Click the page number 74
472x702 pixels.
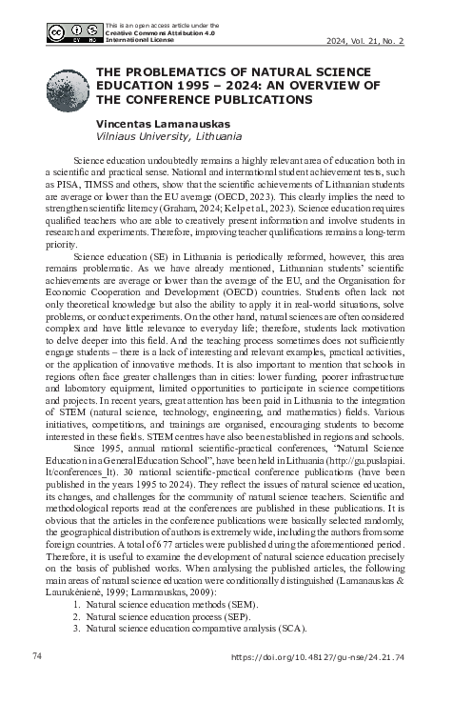(38, 656)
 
